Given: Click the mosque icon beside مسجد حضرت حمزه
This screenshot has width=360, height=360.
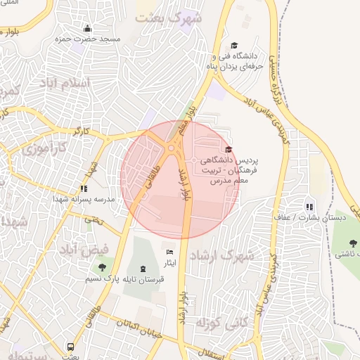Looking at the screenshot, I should pos(87,28).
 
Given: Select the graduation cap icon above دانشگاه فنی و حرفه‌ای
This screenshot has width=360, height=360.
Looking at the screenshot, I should pos(234,45).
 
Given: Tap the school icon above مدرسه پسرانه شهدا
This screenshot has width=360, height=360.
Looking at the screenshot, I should pos(84,188).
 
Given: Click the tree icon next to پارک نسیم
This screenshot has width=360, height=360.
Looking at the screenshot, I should pos(103,267).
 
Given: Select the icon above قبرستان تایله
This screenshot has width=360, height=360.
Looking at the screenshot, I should pos(143,269).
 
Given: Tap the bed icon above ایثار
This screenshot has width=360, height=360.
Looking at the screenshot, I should pos(169,252).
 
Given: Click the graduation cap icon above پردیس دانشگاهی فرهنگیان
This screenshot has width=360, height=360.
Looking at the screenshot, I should pos(228,149).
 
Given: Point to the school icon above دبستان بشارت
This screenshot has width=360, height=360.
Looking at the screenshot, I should pos(309,207).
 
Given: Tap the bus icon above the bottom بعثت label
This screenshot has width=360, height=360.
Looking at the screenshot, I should pos(70,347).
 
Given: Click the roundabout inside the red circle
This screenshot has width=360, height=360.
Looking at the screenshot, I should pos(172,148).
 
